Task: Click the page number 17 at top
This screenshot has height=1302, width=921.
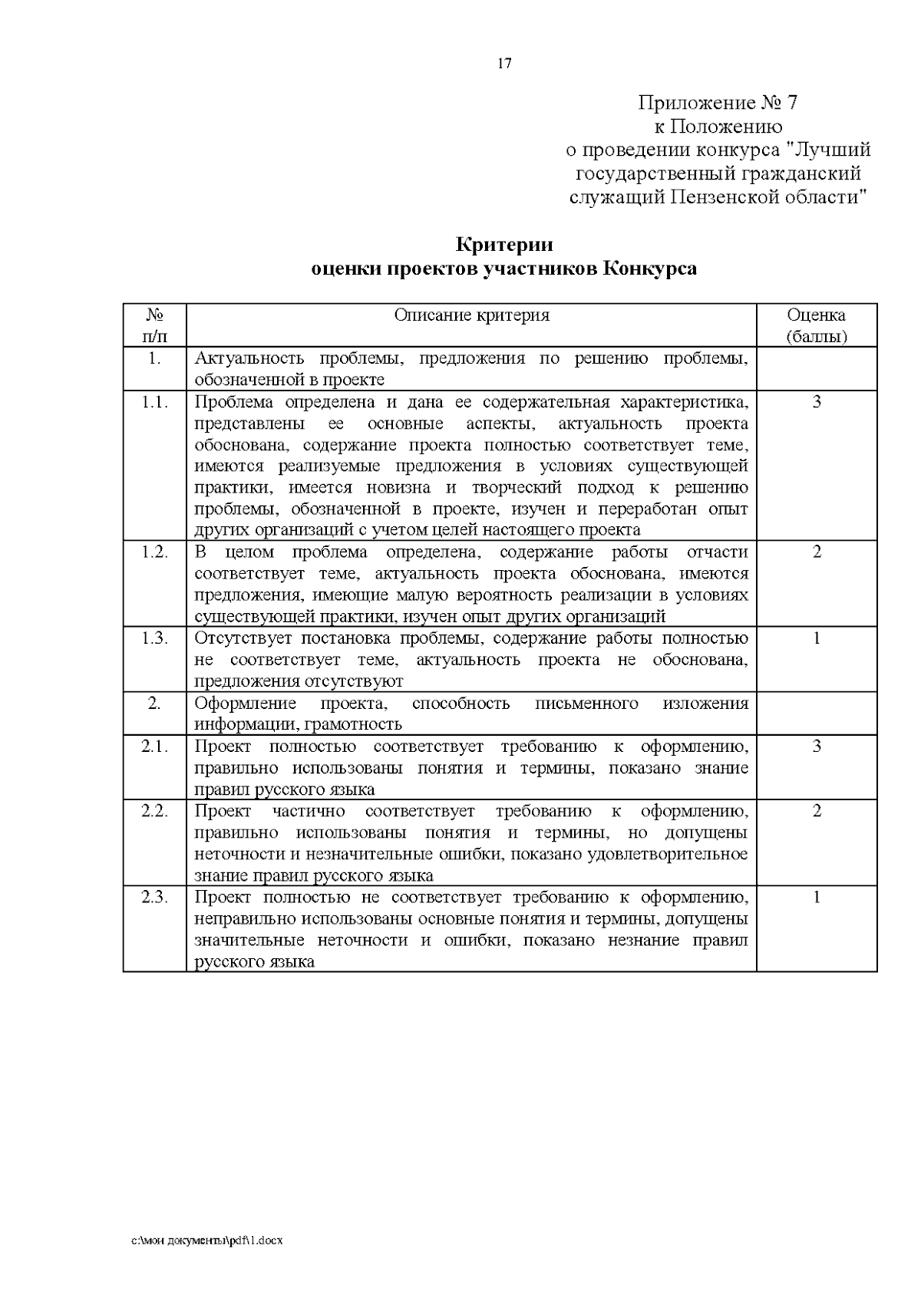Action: [504, 64]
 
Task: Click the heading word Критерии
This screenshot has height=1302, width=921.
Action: [504, 246]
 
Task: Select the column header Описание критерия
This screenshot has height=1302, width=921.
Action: [471, 315]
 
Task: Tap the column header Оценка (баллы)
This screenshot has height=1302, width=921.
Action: [816, 325]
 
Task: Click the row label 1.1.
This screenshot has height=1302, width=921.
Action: [155, 402]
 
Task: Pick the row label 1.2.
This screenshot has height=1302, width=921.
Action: [155, 552]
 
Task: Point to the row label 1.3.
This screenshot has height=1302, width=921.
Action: [155, 638]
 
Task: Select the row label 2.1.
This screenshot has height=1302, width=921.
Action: [155, 747]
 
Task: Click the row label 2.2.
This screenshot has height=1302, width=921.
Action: [155, 811]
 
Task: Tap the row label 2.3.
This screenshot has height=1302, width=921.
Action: [155, 898]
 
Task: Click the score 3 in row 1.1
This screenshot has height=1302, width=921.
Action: [817, 402]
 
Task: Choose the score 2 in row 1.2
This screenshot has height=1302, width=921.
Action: [817, 552]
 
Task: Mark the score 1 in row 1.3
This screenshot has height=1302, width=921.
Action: [817, 638]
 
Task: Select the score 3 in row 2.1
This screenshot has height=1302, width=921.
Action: [817, 747]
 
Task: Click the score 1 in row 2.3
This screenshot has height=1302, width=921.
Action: [817, 898]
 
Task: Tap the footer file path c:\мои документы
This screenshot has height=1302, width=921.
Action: [207, 1241]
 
